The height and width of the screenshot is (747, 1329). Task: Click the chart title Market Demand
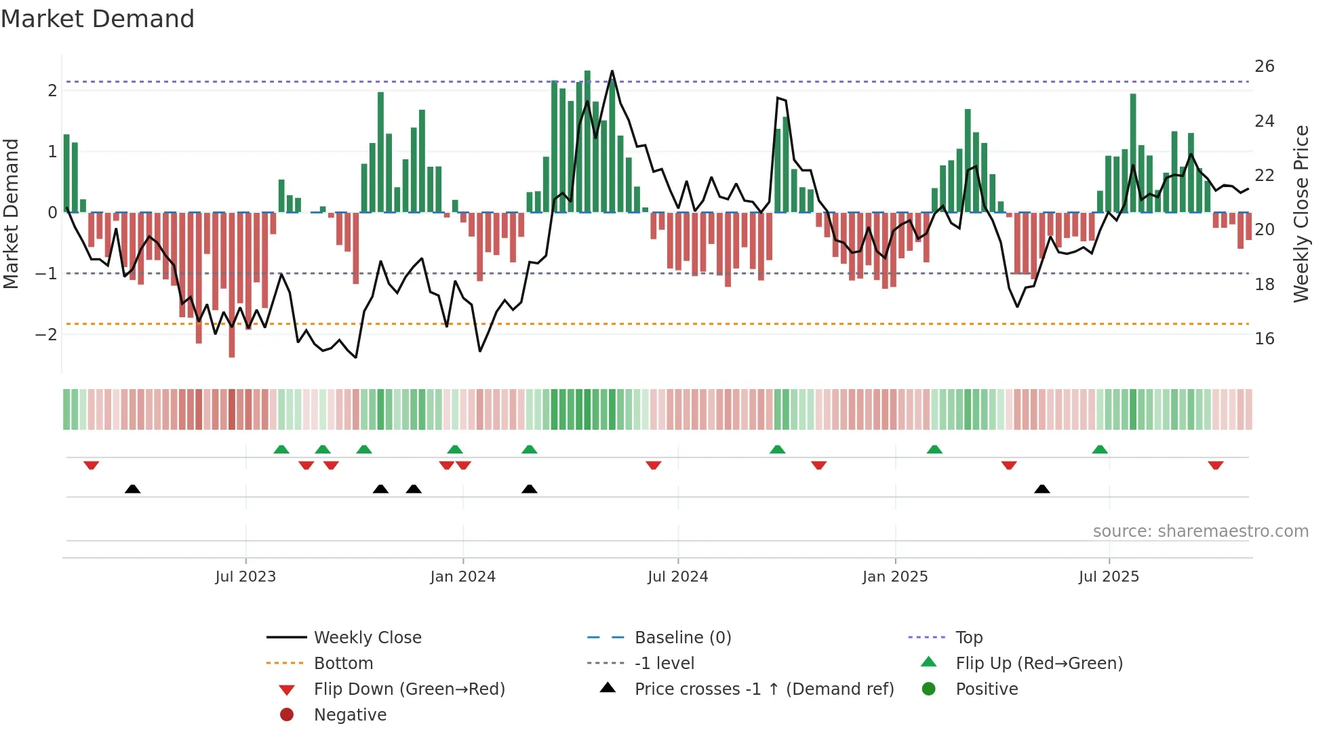(98, 19)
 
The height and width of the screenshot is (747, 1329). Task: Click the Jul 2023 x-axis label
(245, 577)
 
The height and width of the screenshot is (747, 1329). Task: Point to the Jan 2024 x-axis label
(462, 577)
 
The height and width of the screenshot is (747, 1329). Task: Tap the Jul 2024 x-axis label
(677, 577)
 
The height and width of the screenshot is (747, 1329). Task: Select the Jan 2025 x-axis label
(894, 577)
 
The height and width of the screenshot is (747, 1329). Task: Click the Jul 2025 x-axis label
(1109, 577)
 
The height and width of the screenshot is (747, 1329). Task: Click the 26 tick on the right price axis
(1264, 66)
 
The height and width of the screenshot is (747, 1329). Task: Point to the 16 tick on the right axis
(1264, 338)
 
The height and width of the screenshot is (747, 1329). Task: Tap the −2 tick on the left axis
(46, 335)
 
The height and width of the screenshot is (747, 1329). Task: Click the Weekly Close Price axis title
(1301, 214)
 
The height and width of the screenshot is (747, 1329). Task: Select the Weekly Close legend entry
(367, 638)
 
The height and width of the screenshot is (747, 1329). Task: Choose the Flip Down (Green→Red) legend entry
(409, 689)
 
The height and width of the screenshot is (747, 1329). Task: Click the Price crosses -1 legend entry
(763, 689)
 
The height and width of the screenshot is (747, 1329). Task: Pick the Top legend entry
(968, 638)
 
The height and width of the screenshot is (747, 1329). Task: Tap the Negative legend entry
(350, 715)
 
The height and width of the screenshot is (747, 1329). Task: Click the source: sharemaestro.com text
(1200, 531)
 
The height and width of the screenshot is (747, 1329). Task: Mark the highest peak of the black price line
(612, 70)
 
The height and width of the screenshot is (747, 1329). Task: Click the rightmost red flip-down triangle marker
(1215, 466)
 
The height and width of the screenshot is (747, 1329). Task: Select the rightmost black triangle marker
(1042, 489)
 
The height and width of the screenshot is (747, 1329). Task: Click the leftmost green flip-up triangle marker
(281, 449)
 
